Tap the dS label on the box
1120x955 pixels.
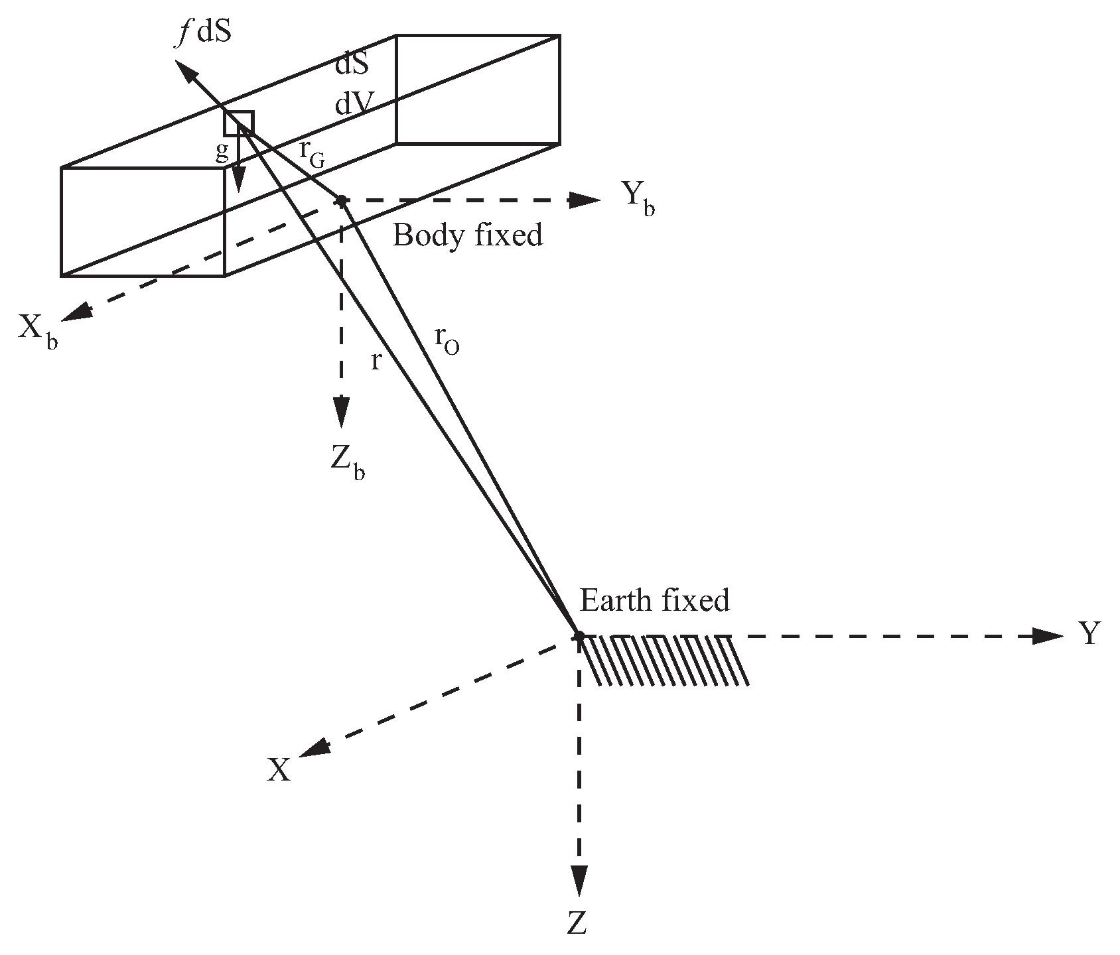[352, 65]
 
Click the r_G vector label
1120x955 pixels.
[312, 153]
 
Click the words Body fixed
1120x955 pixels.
[468, 235]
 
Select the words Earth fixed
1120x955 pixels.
[655, 600]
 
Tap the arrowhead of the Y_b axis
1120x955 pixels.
[586, 200]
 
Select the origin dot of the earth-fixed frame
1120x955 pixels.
[579, 636]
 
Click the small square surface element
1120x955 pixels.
[239, 123]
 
